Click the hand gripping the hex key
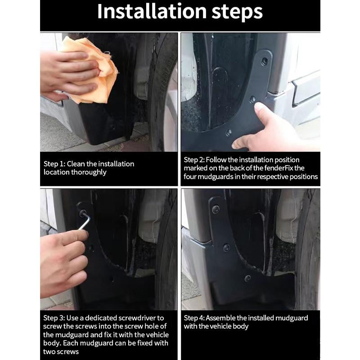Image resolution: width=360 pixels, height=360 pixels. coord(63,261)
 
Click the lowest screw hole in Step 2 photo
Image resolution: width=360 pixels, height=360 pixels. coord(229,133)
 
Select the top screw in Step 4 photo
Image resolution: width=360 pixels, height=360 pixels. coord(216,209)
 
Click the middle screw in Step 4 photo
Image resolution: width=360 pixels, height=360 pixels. coord(226,247)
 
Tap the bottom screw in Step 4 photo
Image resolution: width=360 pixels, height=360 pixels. coord(247,279)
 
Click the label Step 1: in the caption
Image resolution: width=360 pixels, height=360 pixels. coord(54,164)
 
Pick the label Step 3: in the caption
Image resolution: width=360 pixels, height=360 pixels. coord(54,318)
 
